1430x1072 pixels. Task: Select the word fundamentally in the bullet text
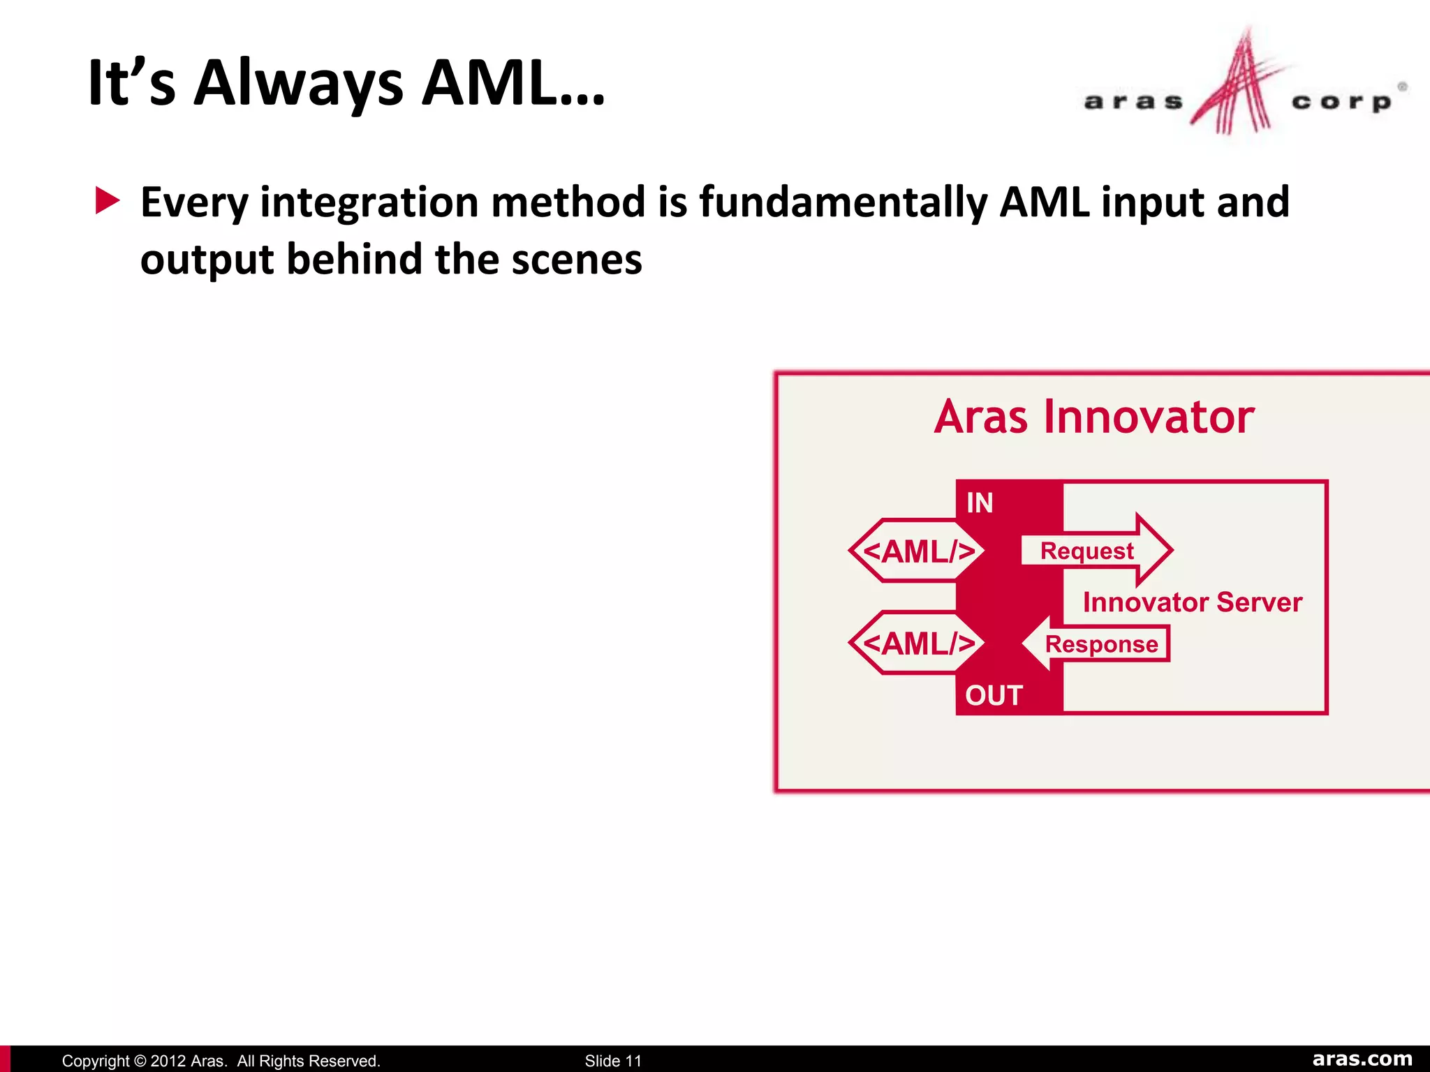coord(843,202)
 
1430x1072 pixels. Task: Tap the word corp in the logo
coord(1341,102)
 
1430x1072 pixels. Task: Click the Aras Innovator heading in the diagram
coord(1093,417)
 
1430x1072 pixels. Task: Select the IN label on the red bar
coord(980,503)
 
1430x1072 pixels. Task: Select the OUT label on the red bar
coord(994,696)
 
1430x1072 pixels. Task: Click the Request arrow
coord(1096,551)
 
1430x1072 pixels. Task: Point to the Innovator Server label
coord(1192,602)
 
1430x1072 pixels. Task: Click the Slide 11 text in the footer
coord(612,1061)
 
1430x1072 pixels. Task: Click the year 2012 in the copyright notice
coord(168,1061)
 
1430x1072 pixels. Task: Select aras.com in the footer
coord(1362,1059)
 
